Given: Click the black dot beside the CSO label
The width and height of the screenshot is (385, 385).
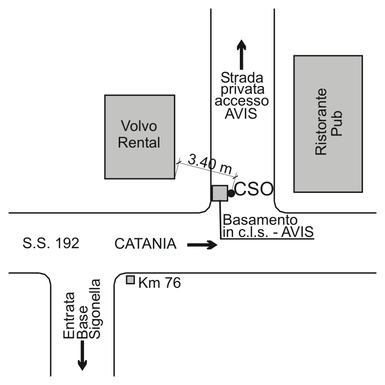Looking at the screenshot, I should (x=231, y=193).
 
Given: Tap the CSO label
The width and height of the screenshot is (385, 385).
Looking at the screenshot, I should (x=253, y=189).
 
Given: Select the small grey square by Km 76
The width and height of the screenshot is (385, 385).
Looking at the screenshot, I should (x=130, y=280).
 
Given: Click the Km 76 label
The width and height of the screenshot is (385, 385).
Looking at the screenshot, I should (x=160, y=282).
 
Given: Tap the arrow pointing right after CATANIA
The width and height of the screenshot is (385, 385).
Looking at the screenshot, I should (x=201, y=245).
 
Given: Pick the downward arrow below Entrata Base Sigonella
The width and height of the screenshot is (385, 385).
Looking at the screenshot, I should (x=83, y=355).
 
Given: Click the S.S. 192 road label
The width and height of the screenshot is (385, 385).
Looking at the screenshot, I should (x=51, y=243).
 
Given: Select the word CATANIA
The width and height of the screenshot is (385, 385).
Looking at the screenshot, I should (x=146, y=243).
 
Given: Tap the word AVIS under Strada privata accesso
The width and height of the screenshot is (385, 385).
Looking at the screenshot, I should (x=241, y=114).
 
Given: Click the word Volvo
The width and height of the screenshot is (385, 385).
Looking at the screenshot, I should (x=139, y=127).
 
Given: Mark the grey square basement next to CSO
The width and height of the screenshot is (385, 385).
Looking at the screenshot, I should (x=219, y=193).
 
